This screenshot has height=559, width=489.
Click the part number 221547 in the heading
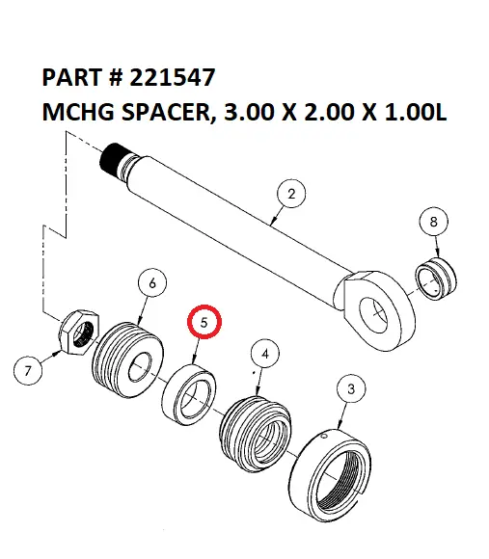point(173,76)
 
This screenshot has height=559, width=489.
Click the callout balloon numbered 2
point(291,194)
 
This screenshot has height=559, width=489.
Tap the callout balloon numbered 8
point(433,222)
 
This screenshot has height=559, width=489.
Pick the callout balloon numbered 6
point(152,283)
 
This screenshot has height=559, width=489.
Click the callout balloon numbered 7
point(29,369)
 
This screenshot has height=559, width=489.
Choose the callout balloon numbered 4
point(266,355)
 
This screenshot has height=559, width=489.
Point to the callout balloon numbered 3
point(350,389)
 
